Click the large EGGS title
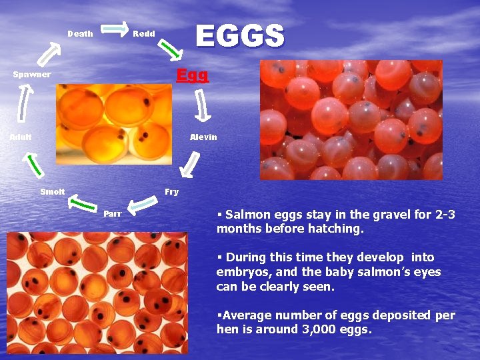pyautogui.click(x=239, y=36)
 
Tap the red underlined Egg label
pyautogui.click(x=192, y=75)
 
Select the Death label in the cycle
pyautogui.click(x=80, y=34)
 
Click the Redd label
pyautogui.click(x=144, y=34)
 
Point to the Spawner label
pyautogui.click(x=32, y=75)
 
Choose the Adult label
pyautogui.click(x=21, y=137)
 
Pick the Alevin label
pyautogui.click(x=203, y=137)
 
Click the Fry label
pyautogui.click(x=171, y=192)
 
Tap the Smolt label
pyautogui.click(x=53, y=192)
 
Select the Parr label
pyautogui.click(x=112, y=214)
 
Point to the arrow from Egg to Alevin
pyautogui.click(x=202, y=106)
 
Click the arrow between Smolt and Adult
pyautogui.click(x=33, y=165)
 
